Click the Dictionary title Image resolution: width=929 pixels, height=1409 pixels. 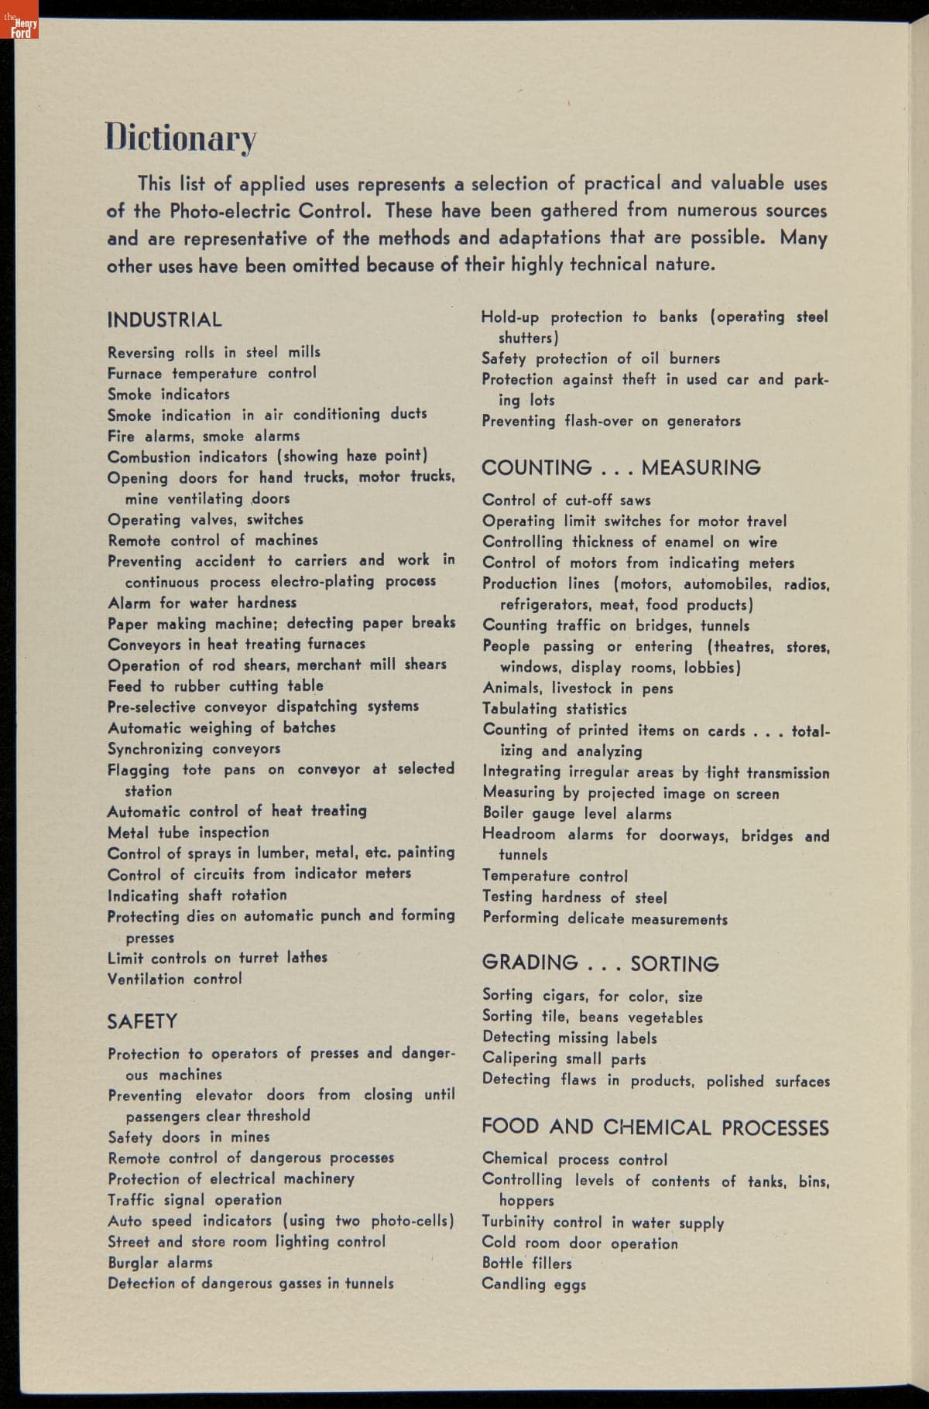(x=180, y=138)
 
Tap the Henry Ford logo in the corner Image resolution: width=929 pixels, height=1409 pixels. (x=20, y=29)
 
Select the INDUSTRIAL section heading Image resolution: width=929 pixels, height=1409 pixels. (x=164, y=320)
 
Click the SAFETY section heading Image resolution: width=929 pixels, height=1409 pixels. (x=142, y=1021)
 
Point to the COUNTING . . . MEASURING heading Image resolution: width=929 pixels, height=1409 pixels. (x=621, y=468)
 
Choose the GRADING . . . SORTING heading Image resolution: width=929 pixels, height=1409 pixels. (x=600, y=963)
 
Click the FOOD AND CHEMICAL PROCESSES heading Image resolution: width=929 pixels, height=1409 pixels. (x=655, y=1127)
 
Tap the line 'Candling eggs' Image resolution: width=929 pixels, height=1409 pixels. (x=534, y=1284)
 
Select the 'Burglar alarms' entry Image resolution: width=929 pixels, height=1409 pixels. (x=159, y=1262)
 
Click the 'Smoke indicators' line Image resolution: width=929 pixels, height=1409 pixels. (x=169, y=394)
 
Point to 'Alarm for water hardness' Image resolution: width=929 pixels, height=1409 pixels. (x=202, y=602)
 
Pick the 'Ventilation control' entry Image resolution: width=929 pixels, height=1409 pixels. (x=175, y=979)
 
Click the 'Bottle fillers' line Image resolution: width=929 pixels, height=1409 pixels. (x=527, y=1263)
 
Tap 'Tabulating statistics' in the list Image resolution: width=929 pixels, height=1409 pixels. (x=555, y=709)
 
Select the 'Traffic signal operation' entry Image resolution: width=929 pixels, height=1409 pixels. (x=195, y=1199)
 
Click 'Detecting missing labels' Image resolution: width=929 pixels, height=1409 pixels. (x=570, y=1038)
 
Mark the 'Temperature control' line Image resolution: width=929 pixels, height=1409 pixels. (x=555, y=876)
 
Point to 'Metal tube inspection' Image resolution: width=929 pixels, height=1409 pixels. (x=189, y=833)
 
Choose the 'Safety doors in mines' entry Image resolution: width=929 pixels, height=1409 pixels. (x=190, y=1137)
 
